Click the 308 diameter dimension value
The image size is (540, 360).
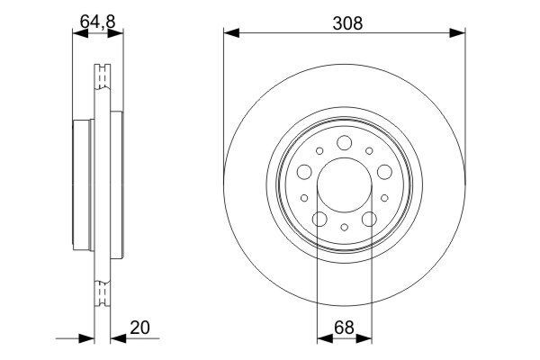click(344, 24)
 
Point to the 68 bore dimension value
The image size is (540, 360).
click(343, 329)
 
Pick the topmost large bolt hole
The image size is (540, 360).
click(344, 141)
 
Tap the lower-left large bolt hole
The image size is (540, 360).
click(319, 219)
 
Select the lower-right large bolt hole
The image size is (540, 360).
click(368, 219)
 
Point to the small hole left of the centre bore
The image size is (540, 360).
click(304, 197)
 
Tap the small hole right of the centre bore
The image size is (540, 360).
click(383, 197)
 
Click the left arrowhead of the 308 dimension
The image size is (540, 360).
click(230, 34)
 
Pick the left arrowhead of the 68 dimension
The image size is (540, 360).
click(323, 339)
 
